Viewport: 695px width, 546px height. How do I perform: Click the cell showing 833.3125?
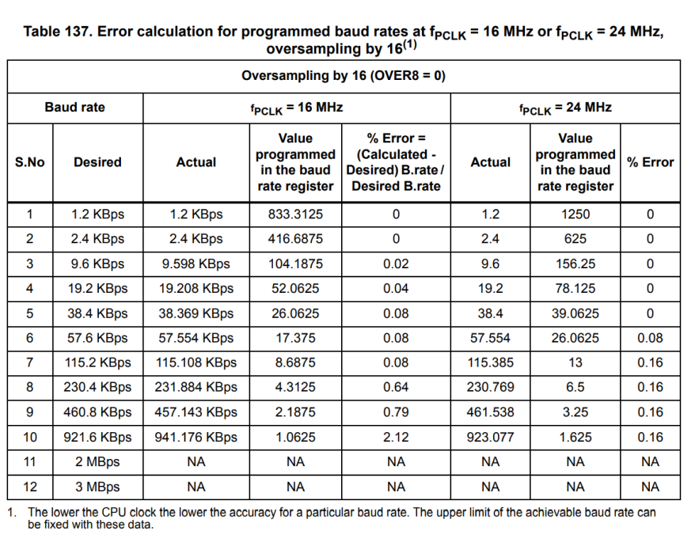(295, 214)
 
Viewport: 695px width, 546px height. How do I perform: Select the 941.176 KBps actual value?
(196, 438)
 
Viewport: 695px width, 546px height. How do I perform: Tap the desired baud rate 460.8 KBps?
(97, 412)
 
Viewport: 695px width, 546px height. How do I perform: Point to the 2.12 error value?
(396, 438)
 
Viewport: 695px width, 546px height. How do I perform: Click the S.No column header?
(30, 162)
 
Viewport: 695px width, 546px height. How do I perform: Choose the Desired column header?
(97, 162)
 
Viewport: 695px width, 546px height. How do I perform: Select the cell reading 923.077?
(490, 438)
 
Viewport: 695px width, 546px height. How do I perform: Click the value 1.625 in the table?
(575, 438)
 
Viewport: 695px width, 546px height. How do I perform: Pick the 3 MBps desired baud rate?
(97, 487)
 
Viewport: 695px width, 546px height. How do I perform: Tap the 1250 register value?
(575, 214)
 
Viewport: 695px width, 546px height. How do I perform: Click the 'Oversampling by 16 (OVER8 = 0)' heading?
(344, 76)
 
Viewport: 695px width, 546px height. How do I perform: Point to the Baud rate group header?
(75, 108)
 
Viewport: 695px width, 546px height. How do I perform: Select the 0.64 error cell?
(396, 387)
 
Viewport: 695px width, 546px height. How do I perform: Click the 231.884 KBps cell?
(196, 387)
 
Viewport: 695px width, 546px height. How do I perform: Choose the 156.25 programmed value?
(575, 264)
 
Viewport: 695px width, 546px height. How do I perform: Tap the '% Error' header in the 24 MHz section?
(650, 162)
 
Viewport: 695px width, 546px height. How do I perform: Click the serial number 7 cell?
(30, 362)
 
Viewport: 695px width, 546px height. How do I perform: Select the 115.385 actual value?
(490, 362)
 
